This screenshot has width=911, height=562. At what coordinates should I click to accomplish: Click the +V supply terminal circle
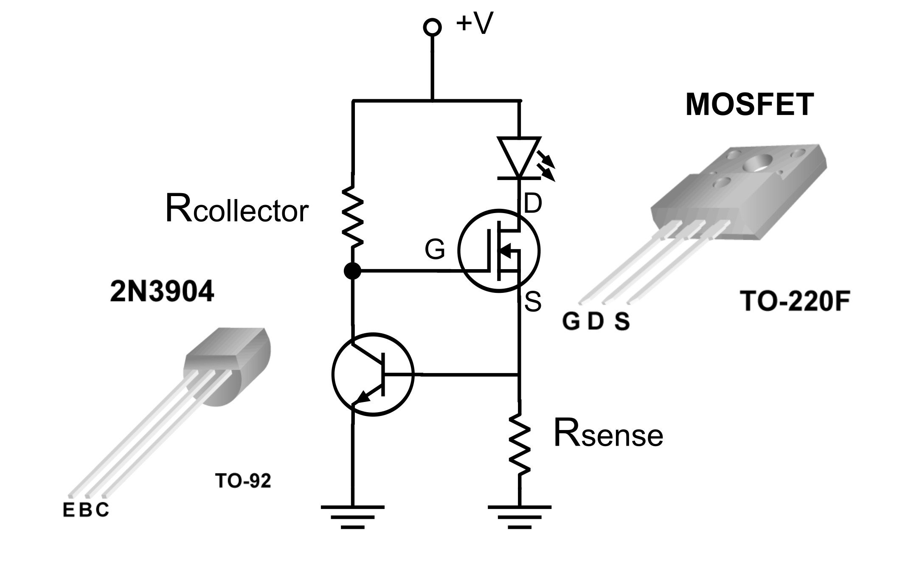[432, 27]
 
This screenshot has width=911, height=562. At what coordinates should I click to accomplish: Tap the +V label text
[475, 23]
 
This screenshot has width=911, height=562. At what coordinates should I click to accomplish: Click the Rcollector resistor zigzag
[353, 216]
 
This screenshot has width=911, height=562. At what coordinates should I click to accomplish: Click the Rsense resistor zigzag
[519, 444]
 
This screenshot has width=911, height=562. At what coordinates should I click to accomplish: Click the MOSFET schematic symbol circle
[499, 250]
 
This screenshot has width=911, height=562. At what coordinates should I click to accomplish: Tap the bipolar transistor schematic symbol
[373, 374]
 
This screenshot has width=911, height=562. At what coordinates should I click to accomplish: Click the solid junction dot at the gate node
[352, 270]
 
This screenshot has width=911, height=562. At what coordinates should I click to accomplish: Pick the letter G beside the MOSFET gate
[435, 250]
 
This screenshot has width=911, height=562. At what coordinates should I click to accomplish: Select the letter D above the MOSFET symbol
[533, 203]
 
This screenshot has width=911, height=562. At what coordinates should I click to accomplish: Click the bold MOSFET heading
[749, 105]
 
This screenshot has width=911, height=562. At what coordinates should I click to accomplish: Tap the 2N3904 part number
[162, 292]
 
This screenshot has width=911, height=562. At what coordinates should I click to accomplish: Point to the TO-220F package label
[795, 301]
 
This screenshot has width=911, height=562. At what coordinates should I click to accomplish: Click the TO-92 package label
[243, 481]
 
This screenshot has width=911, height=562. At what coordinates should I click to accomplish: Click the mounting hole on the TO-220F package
[758, 163]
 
